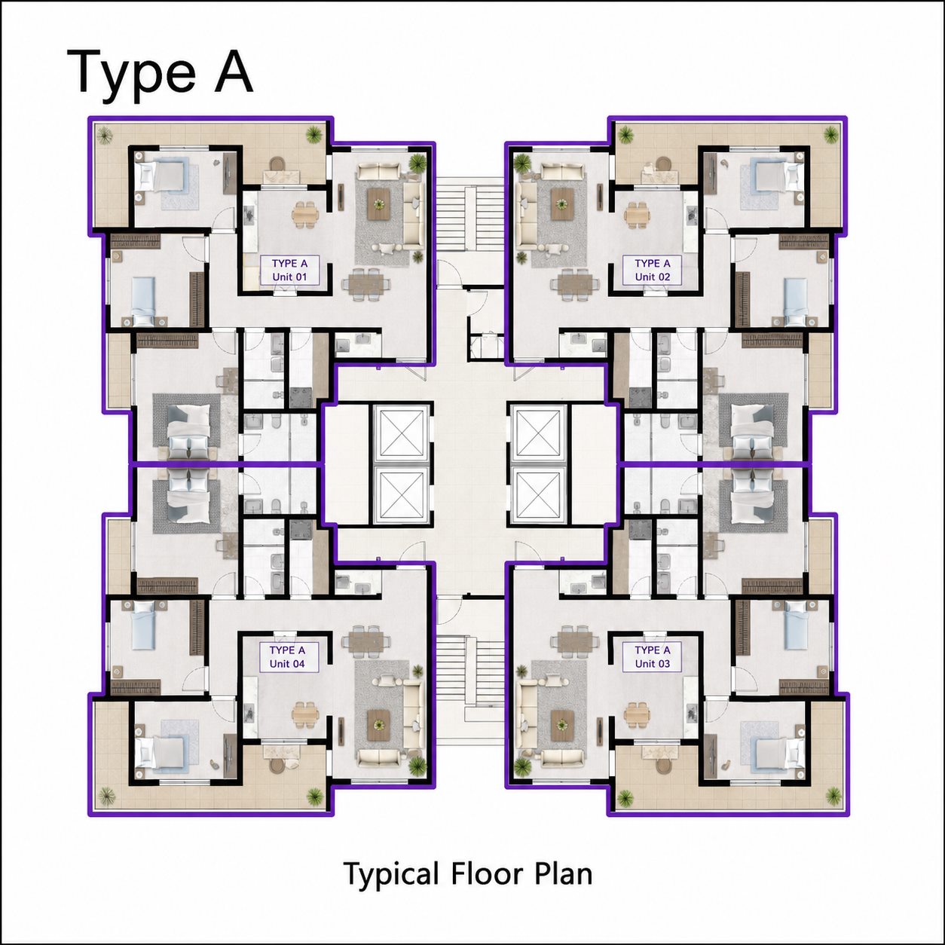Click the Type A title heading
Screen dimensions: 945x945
[x=160, y=74]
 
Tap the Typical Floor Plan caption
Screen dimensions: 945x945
[x=468, y=873]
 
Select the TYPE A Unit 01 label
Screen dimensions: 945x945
[x=289, y=270]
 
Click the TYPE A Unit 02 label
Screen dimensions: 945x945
[x=653, y=270]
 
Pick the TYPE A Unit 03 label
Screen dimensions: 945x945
[x=653, y=656]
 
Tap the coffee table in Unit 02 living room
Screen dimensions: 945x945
[x=562, y=204]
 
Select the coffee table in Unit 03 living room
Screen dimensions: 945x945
[x=562, y=724]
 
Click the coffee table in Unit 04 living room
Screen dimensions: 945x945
[x=378, y=724]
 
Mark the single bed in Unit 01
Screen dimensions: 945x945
[x=144, y=300]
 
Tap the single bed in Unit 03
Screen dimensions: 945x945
[x=796, y=625]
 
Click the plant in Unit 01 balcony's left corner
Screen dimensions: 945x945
[x=104, y=135]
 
